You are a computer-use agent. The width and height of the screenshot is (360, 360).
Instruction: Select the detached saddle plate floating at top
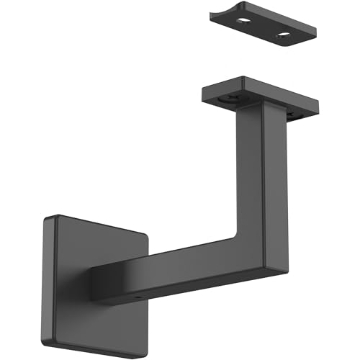coord(268,30)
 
